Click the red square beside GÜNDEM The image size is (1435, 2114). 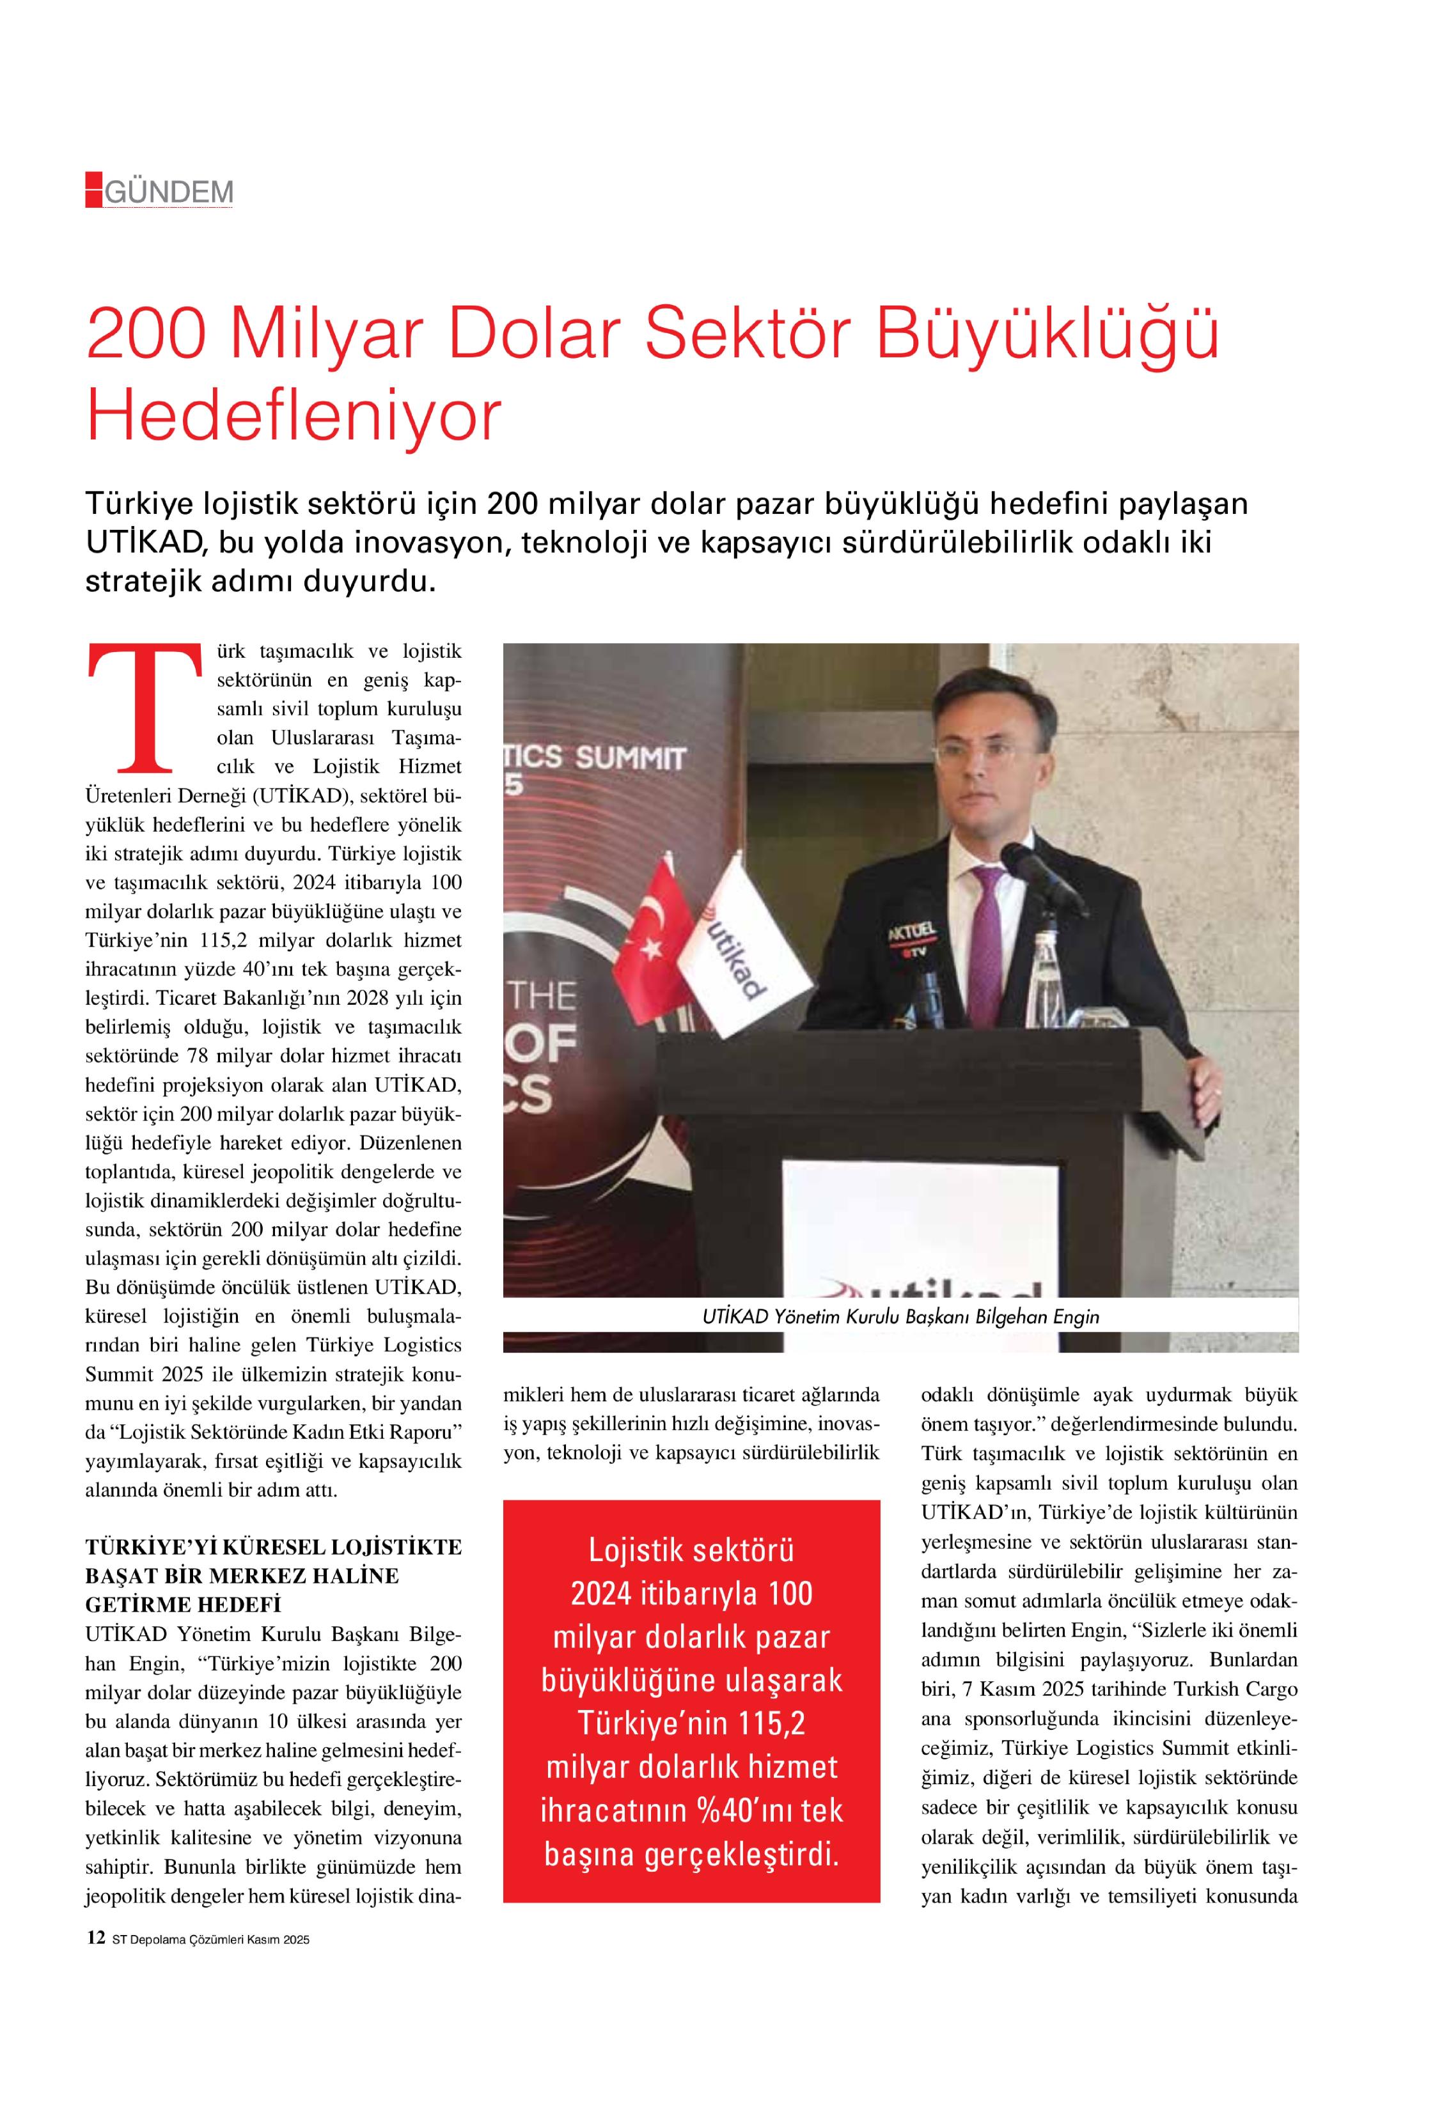94,189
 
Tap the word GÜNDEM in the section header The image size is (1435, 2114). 169,192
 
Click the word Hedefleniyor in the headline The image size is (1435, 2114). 293,416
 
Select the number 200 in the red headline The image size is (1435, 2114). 146,334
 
